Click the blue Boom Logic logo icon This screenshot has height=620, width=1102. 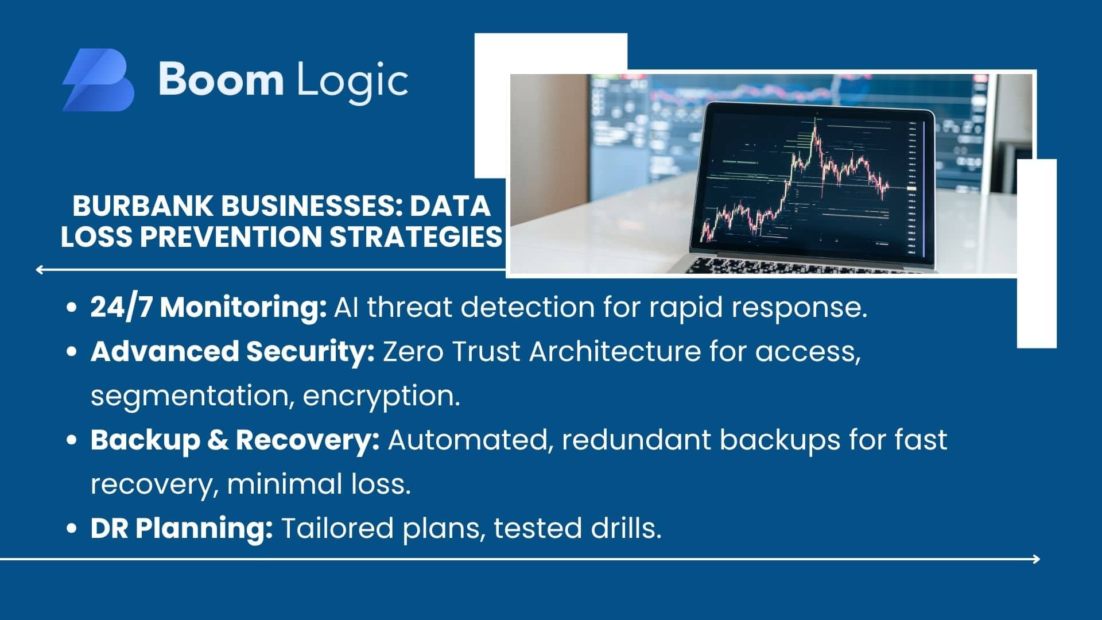98,80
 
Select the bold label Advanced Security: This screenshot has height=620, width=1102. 233,351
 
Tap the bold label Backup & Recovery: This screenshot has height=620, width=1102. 235,440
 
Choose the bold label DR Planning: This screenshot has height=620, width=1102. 182,529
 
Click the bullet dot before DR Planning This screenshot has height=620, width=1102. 72,529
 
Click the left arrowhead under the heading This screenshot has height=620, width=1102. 40,269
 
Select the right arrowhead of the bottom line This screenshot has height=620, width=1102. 1036,559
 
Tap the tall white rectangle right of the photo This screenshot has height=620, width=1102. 1037,253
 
